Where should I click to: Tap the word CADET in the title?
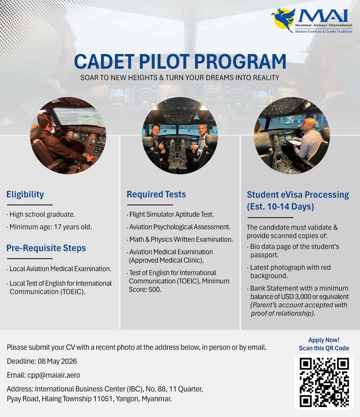(x=104, y=61)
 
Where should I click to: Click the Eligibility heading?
(x=25, y=194)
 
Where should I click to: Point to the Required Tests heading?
(x=156, y=194)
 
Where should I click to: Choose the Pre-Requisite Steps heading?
(x=46, y=248)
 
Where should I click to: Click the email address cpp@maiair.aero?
(x=54, y=375)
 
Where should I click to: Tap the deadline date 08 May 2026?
(x=57, y=361)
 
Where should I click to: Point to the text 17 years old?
(x=73, y=227)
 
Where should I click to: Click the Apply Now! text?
(x=324, y=340)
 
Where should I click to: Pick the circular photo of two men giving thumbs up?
(x=180, y=135)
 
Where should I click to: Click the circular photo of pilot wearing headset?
(x=68, y=135)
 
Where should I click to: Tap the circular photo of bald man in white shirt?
(x=292, y=135)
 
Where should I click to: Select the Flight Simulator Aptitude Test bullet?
(x=170, y=214)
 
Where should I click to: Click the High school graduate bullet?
(x=41, y=214)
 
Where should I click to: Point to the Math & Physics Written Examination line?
(x=180, y=239)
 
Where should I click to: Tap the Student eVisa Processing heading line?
(x=298, y=195)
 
